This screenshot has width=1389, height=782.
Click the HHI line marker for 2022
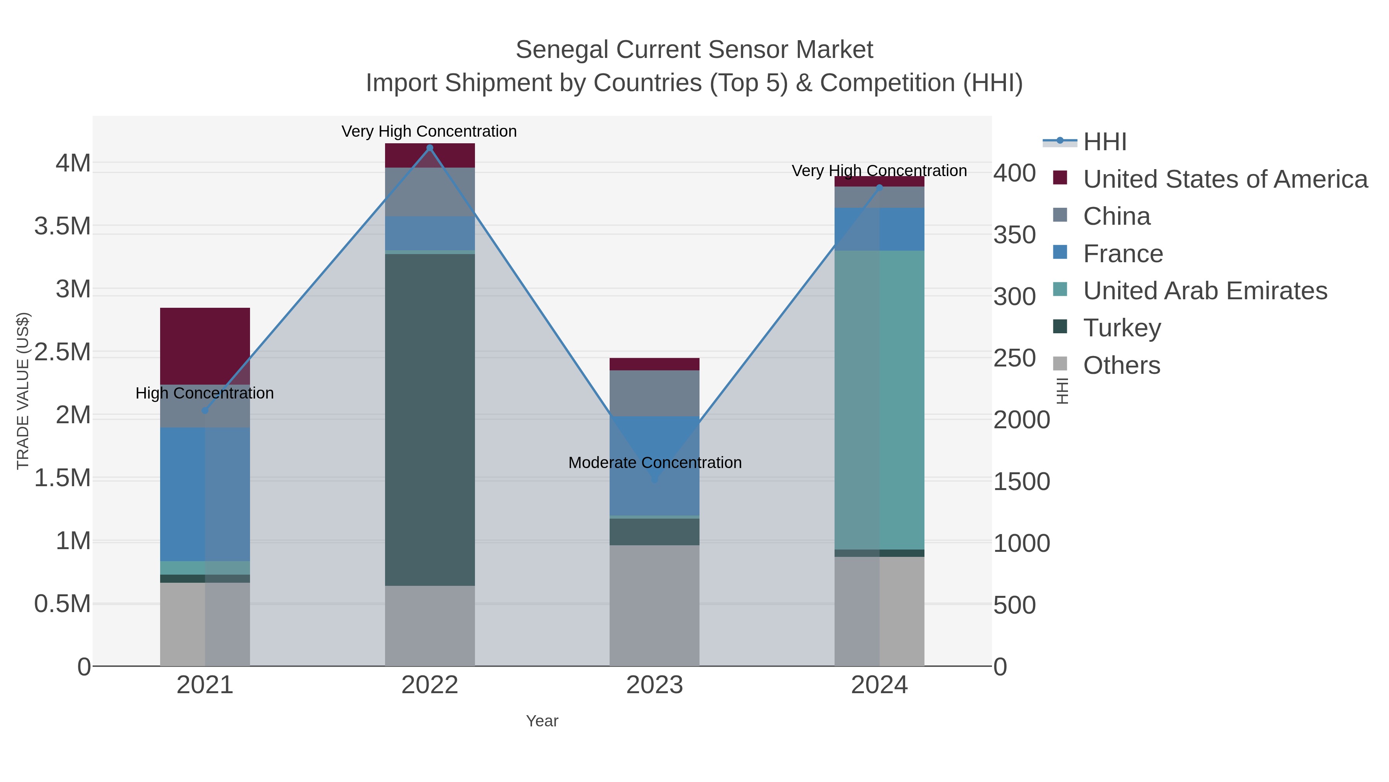[430, 148]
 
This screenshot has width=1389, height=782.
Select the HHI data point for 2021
[205, 411]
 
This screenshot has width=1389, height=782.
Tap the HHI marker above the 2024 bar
[879, 188]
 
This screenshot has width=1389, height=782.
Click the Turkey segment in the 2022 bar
[430, 419]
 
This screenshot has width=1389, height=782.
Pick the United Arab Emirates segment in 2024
[879, 399]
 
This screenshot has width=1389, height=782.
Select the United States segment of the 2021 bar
[205, 345]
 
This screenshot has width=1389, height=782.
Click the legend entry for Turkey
[1122, 328]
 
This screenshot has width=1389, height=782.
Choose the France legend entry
[1123, 254]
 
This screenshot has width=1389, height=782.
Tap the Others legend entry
[1122, 365]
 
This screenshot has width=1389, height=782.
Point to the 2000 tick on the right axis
[1021, 420]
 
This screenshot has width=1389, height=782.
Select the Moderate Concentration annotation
[655, 463]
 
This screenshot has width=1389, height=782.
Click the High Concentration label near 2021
[204, 393]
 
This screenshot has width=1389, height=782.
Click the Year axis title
[542, 721]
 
